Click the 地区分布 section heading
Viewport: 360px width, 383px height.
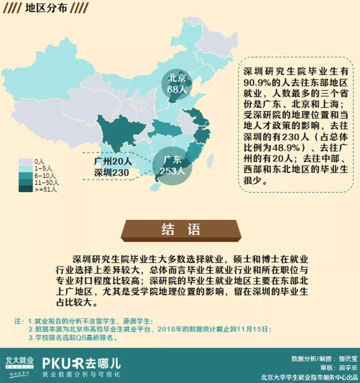coord(46,8)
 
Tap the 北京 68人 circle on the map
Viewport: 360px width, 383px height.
coord(176,84)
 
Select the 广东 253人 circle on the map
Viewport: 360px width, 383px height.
coord(172,165)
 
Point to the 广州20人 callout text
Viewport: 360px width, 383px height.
coord(113,162)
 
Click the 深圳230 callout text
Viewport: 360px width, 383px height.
coord(111,172)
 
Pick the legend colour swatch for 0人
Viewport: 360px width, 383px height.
coord(25,162)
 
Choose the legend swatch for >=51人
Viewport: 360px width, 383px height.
coord(25,189)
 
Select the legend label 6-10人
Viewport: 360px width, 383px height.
coord(45,175)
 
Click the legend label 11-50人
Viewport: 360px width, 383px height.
coord(46,182)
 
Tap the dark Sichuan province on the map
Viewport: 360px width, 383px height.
coord(118,132)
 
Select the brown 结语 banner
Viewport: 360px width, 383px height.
coord(181,230)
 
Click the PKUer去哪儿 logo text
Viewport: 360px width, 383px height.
coord(81,363)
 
